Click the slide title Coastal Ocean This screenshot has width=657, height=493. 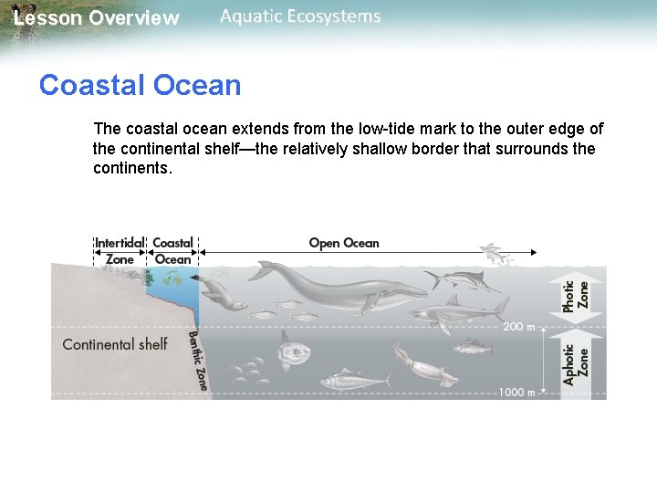click(x=140, y=85)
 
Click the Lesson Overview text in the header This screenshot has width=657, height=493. click(x=97, y=18)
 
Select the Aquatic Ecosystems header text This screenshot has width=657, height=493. click(x=300, y=16)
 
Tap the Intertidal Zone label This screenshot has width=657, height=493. click(x=120, y=251)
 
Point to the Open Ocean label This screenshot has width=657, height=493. click(x=343, y=243)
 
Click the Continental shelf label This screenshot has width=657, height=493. click(x=115, y=344)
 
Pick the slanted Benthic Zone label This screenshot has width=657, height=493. click(x=198, y=361)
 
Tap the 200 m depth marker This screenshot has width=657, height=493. click(x=517, y=326)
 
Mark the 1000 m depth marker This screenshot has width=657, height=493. click(x=516, y=393)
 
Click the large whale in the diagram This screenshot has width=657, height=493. click(x=338, y=288)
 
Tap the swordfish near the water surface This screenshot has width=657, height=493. click(x=465, y=278)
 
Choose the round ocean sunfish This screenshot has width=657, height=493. click(x=296, y=346)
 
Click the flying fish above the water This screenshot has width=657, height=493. click(x=496, y=254)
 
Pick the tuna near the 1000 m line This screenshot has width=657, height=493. click(x=347, y=376)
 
